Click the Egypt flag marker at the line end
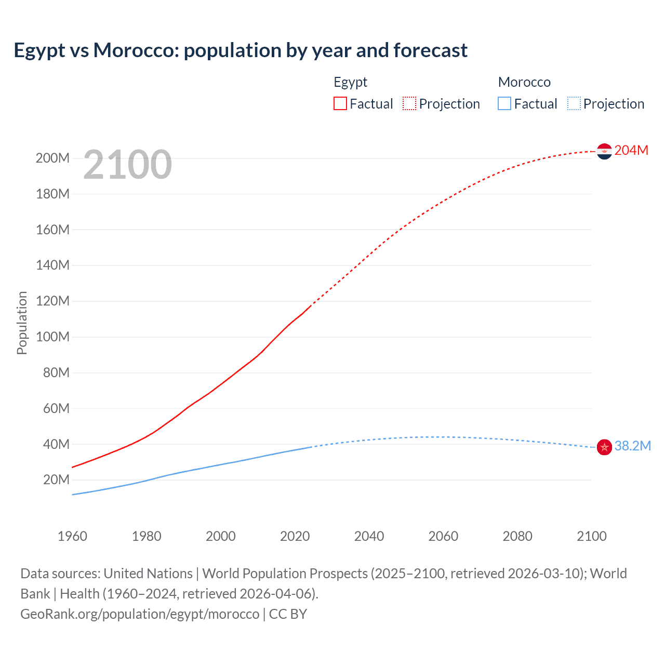604,151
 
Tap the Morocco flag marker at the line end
604,447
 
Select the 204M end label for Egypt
631,150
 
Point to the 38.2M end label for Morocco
632,446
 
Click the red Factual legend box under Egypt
340,103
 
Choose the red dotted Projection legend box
409,103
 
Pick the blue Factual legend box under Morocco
504,103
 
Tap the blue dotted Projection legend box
574,103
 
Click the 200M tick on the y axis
52,158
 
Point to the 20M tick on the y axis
56,480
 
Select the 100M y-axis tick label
52,337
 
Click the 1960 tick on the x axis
72,536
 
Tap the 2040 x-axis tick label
369,536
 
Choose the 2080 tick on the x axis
517,536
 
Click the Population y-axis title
22,323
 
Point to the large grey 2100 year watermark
127,164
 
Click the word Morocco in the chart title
136,50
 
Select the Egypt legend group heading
350,82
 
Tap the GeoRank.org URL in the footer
140,614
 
